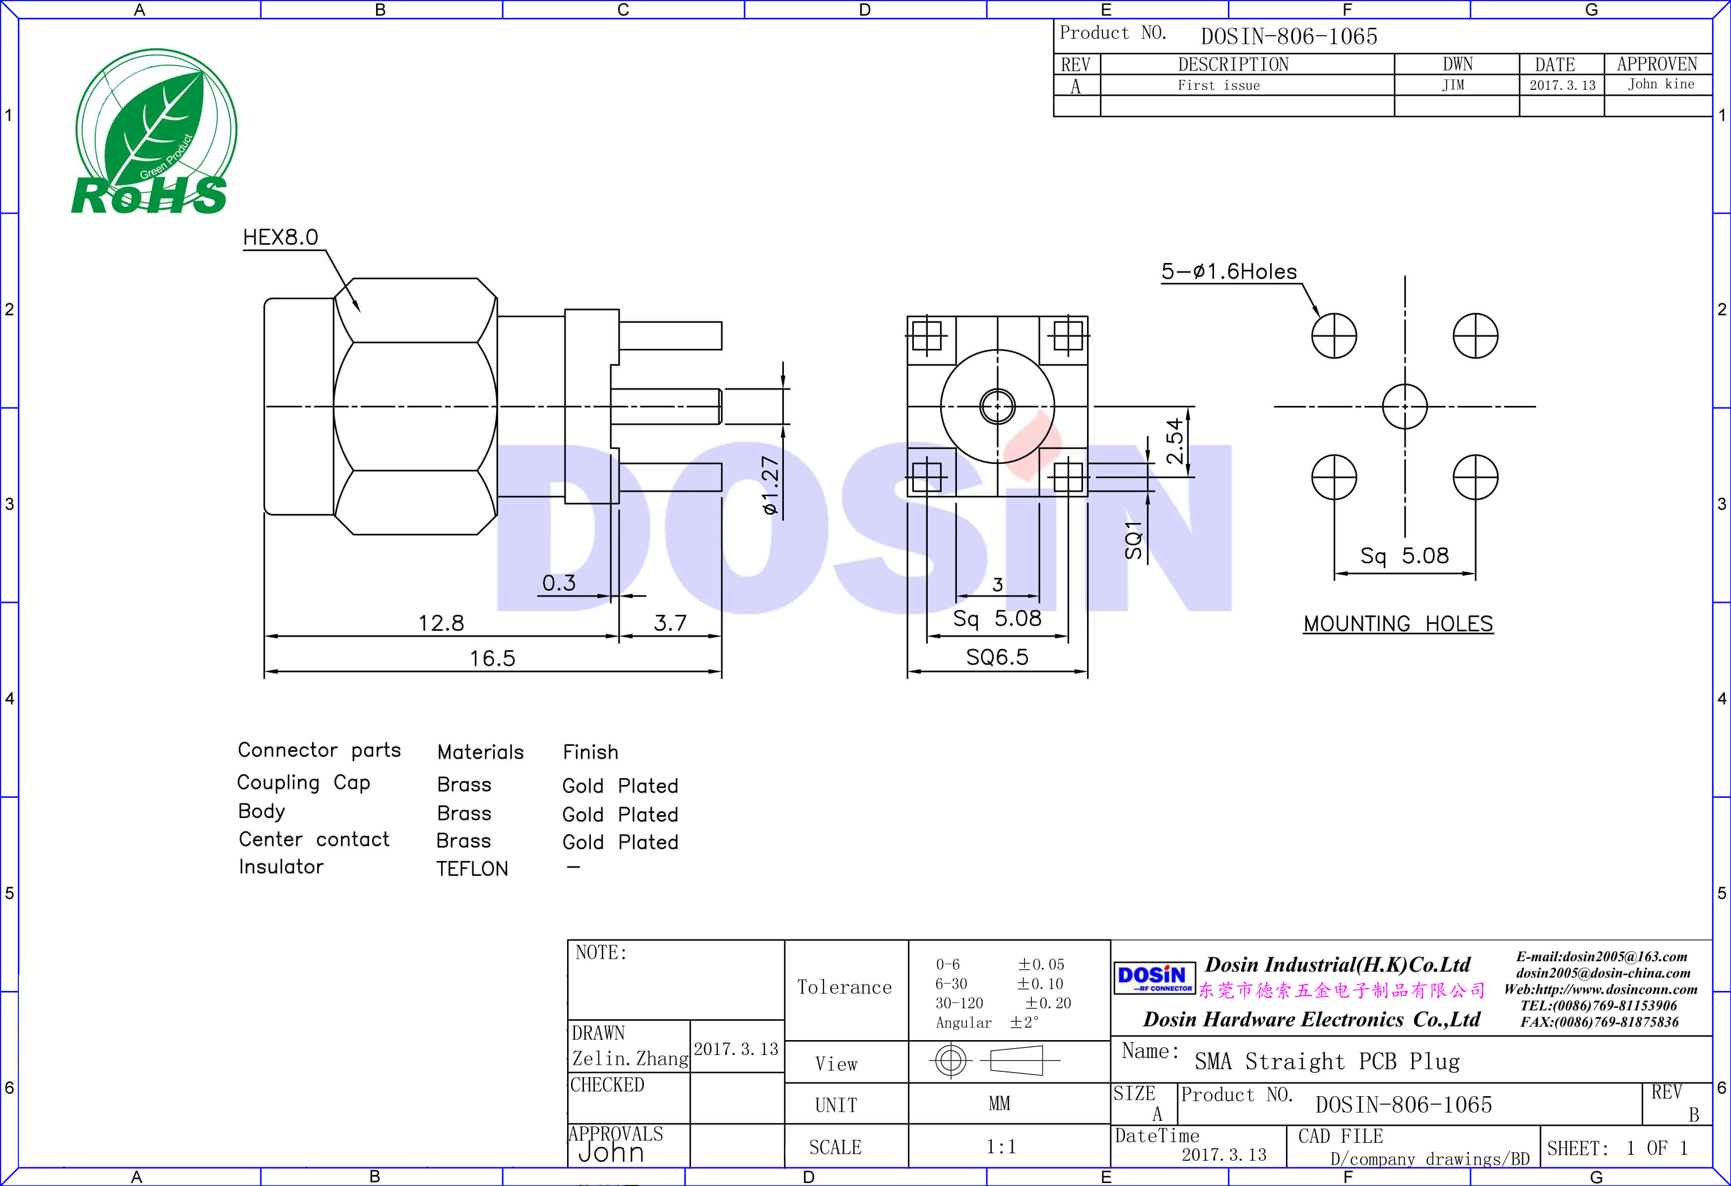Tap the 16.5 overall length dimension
tap(492, 658)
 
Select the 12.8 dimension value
tap(441, 623)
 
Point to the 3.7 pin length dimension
tap(670, 623)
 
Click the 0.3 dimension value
tap(559, 583)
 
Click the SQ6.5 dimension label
tap(997, 657)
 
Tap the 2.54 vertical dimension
tap(1175, 441)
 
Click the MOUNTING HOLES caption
tap(1398, 624)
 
